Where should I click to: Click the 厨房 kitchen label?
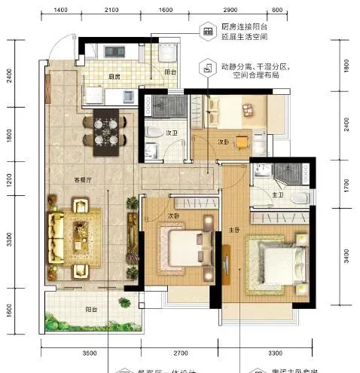pos(114,76)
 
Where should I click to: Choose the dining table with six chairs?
pos(105,128)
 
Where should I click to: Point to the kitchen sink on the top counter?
pos(117,51)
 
